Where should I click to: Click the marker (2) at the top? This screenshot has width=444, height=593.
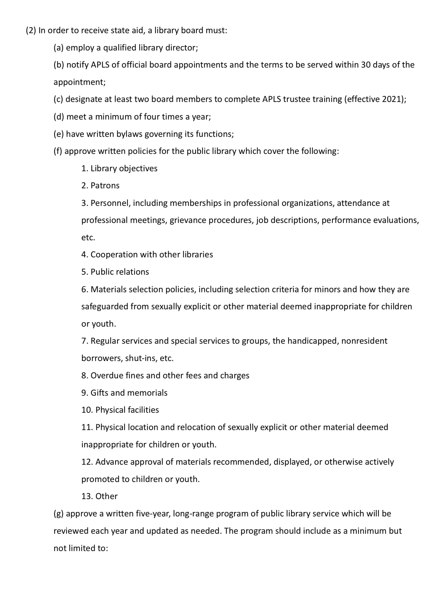pyautogui.click(x=31, y=30)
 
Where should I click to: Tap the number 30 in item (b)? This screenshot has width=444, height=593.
pyautogui.click(x=366, y=65)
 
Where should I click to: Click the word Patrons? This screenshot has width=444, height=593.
pyautogui.click(x=105, y=186)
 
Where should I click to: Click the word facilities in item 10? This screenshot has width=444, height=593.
pyautogui.click(x=143, y=410)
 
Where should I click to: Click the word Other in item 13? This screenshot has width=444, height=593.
pyautogui.click(x=106, y=496)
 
